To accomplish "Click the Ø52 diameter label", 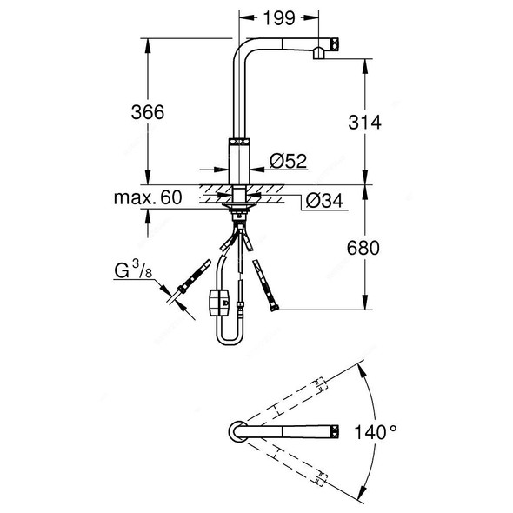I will tap(287, 162).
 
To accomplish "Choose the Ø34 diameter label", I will tap(323, 200).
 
